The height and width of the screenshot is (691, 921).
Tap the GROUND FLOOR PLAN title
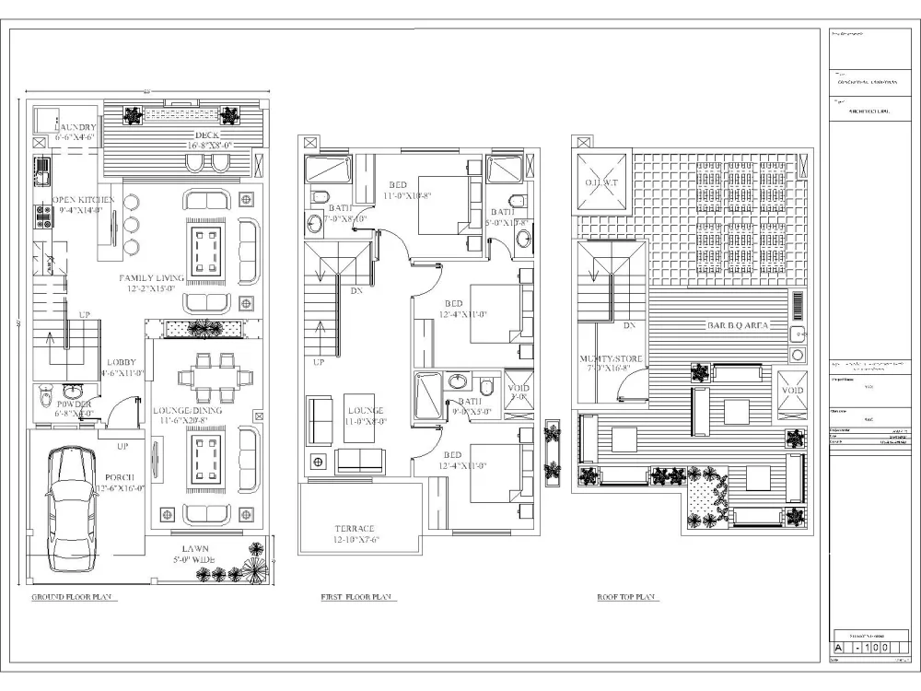coord(72,598)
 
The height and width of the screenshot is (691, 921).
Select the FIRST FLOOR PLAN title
coord(358,598)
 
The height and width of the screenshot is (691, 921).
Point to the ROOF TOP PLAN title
coord(625,598)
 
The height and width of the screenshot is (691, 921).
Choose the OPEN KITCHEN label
coord(83,200)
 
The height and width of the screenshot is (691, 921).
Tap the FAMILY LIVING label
coord(150,277)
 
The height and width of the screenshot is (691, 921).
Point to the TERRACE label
coord(355,529)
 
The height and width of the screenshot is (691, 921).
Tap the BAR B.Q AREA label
coord(738,326)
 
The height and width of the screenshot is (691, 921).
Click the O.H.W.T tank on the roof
coord(600,182)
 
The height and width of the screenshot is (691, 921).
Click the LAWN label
coord(194,548)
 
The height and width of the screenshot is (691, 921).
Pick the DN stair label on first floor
coord(356,291)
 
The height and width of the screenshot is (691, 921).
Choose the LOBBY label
coord(122,362)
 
